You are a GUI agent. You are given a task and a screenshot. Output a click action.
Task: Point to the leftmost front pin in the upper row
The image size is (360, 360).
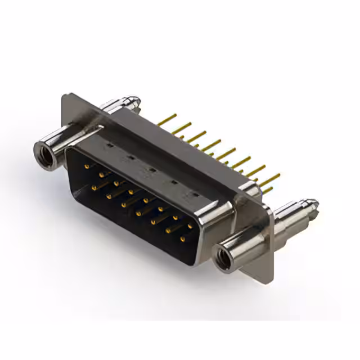coord(87,166)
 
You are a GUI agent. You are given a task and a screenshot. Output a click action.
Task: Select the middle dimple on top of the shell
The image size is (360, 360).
coord(151,169)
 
